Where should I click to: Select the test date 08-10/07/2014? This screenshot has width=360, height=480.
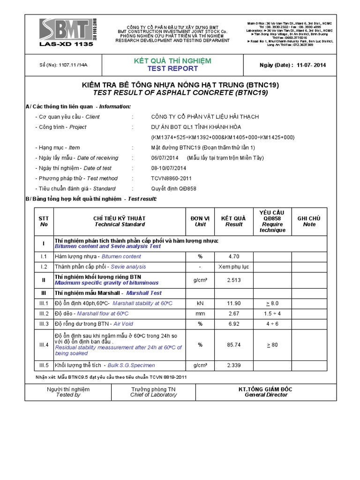click(x=169, y=168)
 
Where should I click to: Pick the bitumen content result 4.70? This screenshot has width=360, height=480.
click(x=233, y=256)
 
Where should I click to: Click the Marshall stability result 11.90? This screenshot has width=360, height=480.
click(x=233, y=303)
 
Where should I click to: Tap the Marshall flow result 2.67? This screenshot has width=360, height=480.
click(x=233, y=313)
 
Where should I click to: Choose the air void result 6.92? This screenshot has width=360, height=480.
click(x=233, y=323)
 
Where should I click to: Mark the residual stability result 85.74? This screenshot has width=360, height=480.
click(x=233, y=345)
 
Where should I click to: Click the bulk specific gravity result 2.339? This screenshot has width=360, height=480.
click(x=233, y=365)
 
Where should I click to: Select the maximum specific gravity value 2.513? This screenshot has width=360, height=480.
click(x=233, y=280)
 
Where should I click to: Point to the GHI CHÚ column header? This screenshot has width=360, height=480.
click(x=309, y=221)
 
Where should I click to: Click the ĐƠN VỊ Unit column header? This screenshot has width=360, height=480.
click(x=200, y=221)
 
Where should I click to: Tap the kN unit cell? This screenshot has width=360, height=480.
click(x=200, y=303)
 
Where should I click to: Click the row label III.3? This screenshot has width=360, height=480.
click(x=44, y=323)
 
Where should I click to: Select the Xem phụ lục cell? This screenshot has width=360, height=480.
click(x=233, y=266)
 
